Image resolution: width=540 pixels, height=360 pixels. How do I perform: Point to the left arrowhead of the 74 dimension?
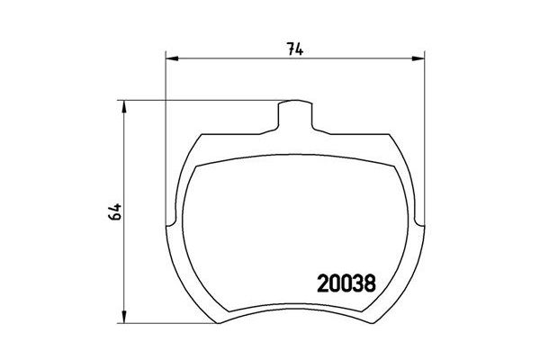point(172,60)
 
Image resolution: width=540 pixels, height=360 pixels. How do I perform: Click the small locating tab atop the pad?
point(294,112)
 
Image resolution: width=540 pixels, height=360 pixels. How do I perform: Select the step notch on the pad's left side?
point(172,218)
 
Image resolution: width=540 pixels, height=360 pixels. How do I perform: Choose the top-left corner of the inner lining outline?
point(196,165)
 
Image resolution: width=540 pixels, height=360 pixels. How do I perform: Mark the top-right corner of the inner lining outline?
point(394,165)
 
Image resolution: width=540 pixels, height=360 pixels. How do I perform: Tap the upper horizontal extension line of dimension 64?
point(198,100)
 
